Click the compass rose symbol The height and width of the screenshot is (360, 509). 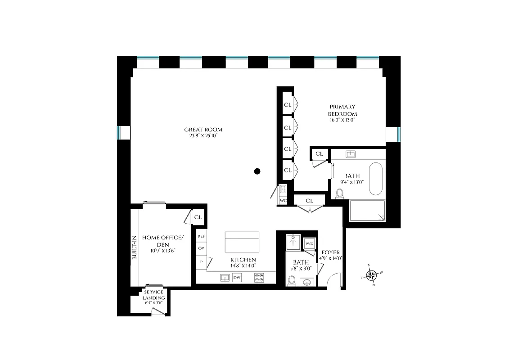click(x=372, y=275)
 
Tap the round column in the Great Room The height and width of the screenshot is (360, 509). click(x=257, y=171)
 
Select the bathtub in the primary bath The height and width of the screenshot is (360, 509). click(x=376, y=179)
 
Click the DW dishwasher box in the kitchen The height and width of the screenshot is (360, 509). click(x=237, y=278)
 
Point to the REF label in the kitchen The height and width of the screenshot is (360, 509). click(x=201, y=236)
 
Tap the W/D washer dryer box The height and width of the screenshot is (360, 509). click(x=309, y=243)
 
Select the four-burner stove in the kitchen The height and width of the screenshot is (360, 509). click(x=259, y=278)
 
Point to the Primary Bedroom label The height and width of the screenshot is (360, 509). click(x=342, y=110)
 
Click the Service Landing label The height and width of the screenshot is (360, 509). click(x=153, y=295)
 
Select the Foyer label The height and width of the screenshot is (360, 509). click(x=331, y=252)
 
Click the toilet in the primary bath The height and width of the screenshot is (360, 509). click(x=340, y=193)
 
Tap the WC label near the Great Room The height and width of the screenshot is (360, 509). click(x=283, y=200)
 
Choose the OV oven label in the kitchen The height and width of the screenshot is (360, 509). click(x=201, y=248)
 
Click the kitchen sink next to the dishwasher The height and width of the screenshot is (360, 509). click(x=225, y=278)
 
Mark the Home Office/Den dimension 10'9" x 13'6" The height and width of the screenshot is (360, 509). click(x=162, y=250)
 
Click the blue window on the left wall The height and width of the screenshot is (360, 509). click(x=119, y=133)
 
